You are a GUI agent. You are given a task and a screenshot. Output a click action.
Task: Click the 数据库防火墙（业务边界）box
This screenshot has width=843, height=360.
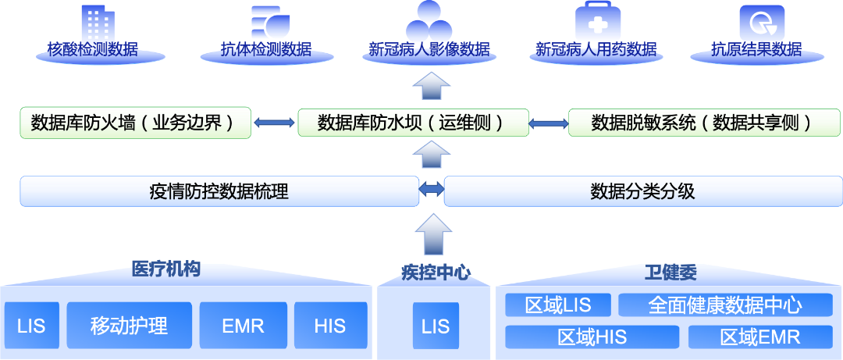134,123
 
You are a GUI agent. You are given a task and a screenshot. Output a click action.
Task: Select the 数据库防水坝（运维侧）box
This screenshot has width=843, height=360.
411,123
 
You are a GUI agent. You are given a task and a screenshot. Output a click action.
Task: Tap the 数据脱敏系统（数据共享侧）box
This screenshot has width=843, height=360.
703,123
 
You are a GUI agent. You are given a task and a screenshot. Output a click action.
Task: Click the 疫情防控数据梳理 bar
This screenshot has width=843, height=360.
219,191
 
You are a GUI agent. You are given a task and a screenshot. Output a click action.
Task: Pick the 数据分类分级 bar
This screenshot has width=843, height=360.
642,191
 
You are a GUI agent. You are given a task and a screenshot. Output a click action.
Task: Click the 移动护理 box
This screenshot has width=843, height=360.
129,325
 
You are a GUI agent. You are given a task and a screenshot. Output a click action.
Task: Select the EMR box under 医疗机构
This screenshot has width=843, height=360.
243,325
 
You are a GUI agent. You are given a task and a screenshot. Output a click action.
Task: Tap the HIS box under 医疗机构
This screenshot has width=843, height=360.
330,325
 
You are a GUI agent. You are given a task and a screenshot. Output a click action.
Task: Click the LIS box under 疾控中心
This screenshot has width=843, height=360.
436,325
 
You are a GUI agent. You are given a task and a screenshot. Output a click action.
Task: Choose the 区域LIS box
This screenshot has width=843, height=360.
557,305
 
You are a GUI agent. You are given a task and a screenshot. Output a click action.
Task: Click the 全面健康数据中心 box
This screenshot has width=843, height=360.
725,305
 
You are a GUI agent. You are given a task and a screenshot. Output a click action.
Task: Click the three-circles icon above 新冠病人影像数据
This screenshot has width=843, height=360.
429,21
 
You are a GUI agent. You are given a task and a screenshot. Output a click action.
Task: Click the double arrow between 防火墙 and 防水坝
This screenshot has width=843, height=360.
274,123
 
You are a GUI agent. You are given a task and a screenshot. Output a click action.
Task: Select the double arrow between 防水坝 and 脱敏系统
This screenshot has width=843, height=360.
549,123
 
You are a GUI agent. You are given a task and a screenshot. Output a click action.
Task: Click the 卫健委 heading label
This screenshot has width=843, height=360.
670,273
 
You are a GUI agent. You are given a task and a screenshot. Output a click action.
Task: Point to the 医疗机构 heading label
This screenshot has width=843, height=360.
165,270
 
